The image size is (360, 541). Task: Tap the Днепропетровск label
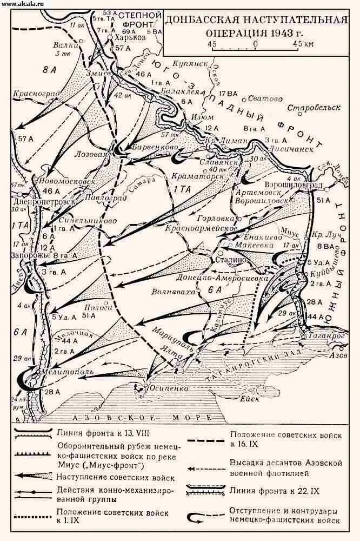point(33,198)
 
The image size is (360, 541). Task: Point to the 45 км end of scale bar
point(301,44)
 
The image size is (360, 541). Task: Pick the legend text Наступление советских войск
point(115,478)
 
